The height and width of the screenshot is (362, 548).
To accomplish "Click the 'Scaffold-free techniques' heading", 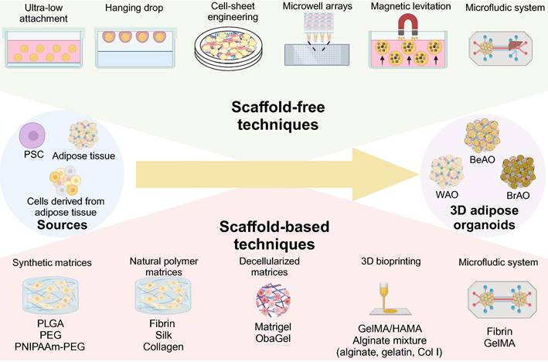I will click(x=273, y=114).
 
